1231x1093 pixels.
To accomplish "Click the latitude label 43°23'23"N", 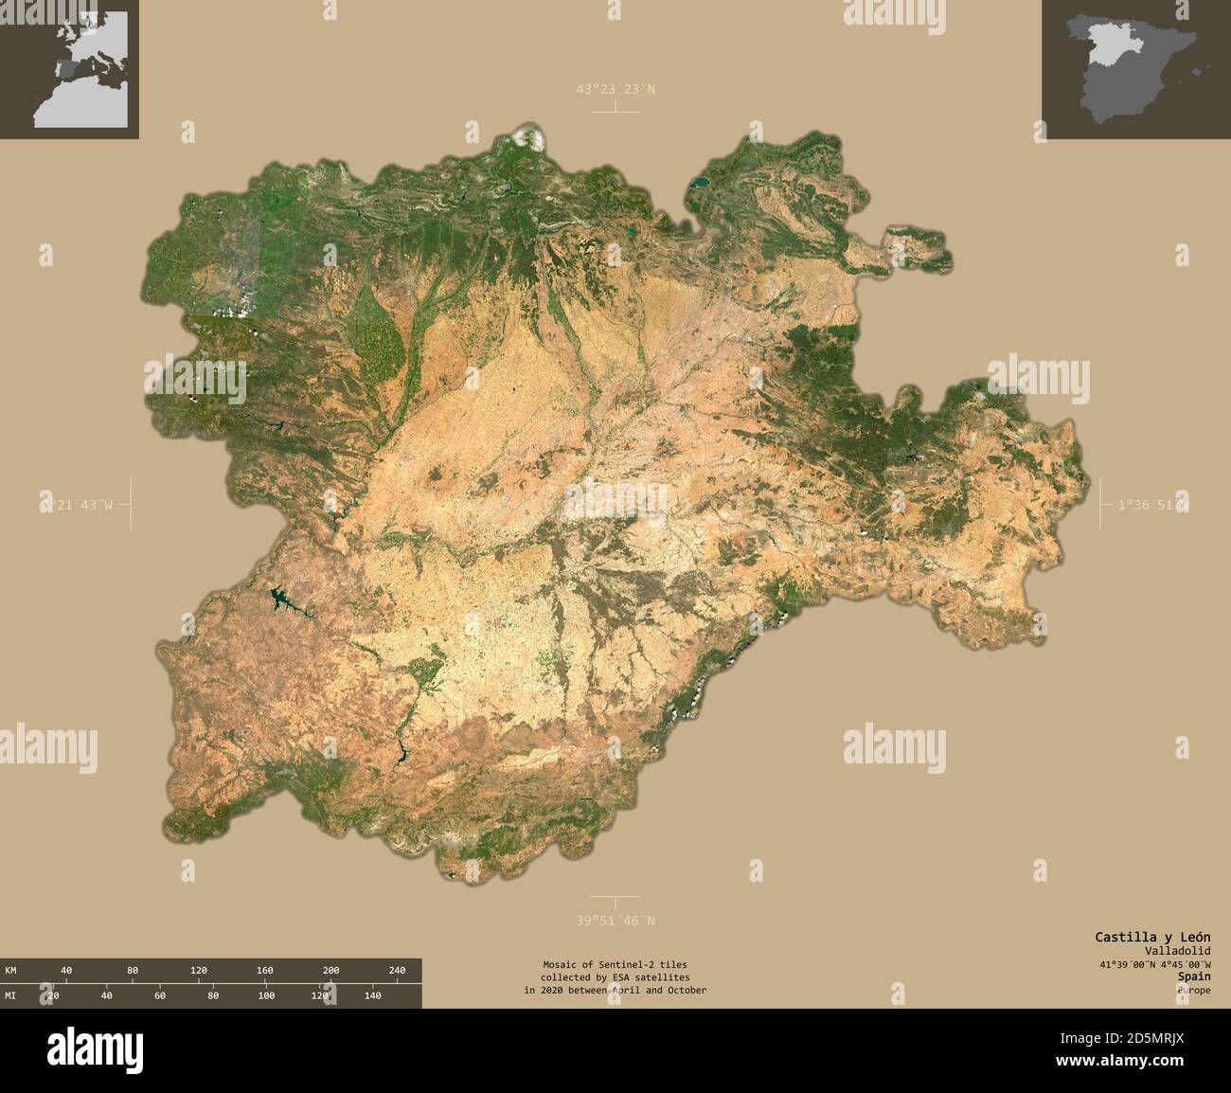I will [x=615, y=89].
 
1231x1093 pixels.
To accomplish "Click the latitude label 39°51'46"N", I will [x=615, y=920].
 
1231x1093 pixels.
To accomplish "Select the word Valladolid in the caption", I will [x=1177, y=950].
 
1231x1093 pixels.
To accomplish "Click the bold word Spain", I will [x=1194, y=976].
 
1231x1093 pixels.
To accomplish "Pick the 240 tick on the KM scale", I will [x=398, y=971].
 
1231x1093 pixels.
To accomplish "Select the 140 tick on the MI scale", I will [x=373, y=995].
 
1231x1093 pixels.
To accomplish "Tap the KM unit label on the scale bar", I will [x=11, y=971].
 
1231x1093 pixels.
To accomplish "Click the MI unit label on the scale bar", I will [x=11, y=995].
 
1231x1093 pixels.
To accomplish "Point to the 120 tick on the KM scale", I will [x=199, y=971].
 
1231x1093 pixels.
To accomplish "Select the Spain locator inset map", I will [x=1136, y=69].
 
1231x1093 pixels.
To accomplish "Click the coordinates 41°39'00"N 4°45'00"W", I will [x=1154, y=963].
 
